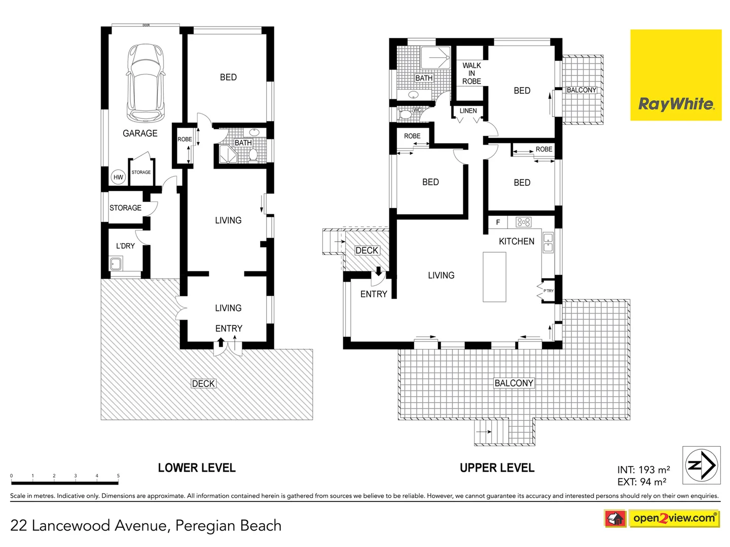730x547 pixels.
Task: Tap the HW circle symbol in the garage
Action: point(118,177)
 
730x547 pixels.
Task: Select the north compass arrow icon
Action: point(701,465)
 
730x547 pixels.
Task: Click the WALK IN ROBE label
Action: point(471,73)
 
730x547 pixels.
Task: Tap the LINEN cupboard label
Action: point(468,111)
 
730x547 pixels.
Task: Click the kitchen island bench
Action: point(494,277)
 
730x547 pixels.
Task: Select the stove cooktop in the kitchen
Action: point(523,222)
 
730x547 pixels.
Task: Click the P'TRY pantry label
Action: point(549,291)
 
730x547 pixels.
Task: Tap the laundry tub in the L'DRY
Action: point(116,264)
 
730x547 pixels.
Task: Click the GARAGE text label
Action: point(140,133)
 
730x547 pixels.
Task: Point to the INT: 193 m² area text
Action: point(643,470)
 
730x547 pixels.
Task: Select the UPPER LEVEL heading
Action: point(497,468)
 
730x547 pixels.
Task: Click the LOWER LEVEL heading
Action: point(197,468)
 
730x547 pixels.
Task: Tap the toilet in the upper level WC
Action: point(406,114)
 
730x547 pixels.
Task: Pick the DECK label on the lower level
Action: point(203,384)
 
